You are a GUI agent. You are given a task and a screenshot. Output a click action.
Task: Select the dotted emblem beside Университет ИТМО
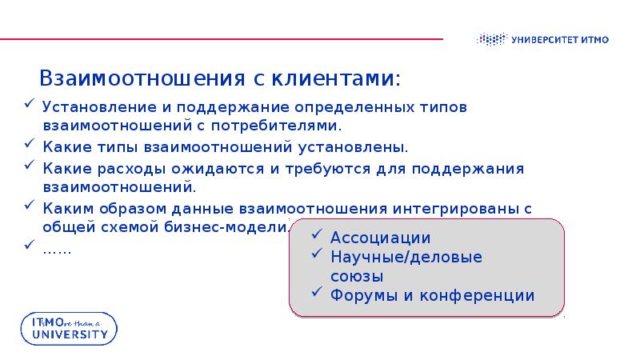point(492,38)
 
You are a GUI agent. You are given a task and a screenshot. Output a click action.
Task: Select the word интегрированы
point(454,209)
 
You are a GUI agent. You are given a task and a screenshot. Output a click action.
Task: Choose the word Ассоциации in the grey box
point(380,238)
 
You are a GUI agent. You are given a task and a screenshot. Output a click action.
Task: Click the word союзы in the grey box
point(357,276)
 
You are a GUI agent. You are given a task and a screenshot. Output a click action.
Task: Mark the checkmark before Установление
point(29,105)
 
